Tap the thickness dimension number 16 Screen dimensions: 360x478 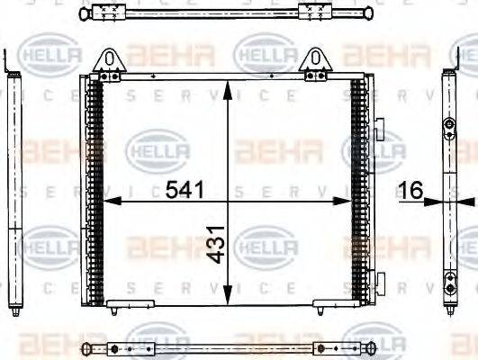pos(410,190)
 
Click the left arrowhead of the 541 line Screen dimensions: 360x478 pos(107,202)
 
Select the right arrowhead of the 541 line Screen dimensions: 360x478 pos(349,202)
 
